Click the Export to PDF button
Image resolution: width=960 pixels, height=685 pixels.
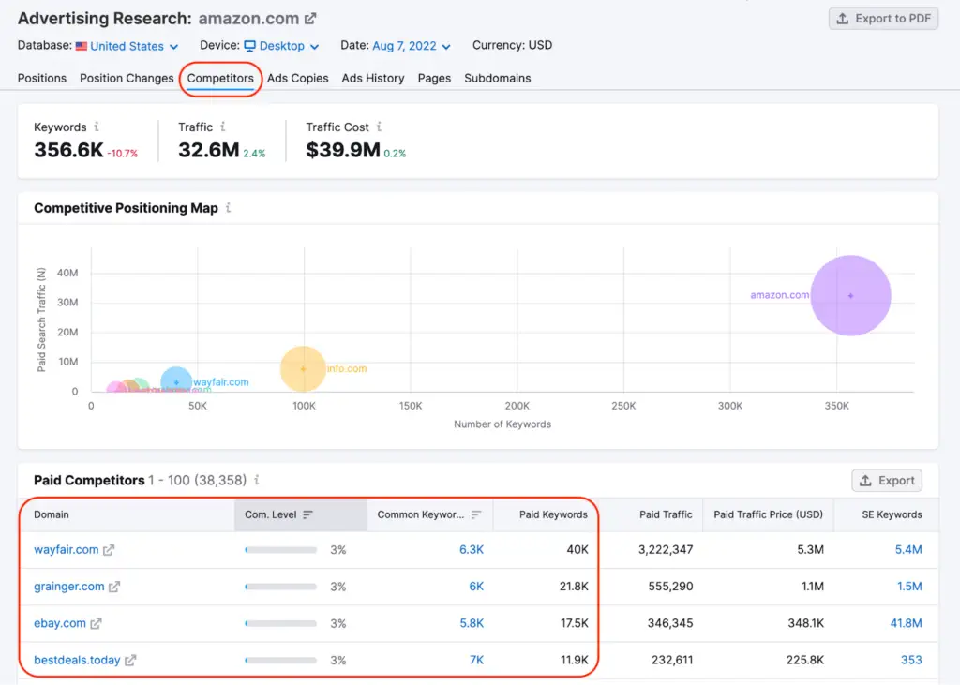point(883,19)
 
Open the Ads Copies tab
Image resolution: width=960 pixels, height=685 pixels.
point(297,78)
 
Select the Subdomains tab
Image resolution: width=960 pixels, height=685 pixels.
point(497,78)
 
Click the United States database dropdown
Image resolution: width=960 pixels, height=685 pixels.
point(127,46)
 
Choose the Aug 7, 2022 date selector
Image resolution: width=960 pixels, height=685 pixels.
point(411,46)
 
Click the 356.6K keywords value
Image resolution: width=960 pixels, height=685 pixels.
point(68,150)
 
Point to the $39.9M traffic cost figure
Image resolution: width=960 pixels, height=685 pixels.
point(342,150)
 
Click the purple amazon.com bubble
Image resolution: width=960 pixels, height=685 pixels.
point(850,295)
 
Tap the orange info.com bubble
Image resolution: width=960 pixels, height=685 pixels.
point(303,368)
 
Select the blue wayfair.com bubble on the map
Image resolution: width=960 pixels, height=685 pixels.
point(176,382)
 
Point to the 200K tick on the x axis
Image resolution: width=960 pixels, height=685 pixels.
point(517,406)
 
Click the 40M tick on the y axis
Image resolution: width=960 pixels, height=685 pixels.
point(67,273)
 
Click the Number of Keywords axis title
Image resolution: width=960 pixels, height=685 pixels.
point(502,424)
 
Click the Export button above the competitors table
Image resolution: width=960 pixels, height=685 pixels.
point(886,481)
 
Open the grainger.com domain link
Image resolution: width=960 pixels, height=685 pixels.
point(69,587)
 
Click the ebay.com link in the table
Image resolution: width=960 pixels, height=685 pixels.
point(60,623)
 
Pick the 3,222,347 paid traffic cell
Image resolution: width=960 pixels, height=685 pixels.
point(665,550)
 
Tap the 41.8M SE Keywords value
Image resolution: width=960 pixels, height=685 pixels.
point(906,623)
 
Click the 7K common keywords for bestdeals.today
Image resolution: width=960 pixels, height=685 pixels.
point(476,660)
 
